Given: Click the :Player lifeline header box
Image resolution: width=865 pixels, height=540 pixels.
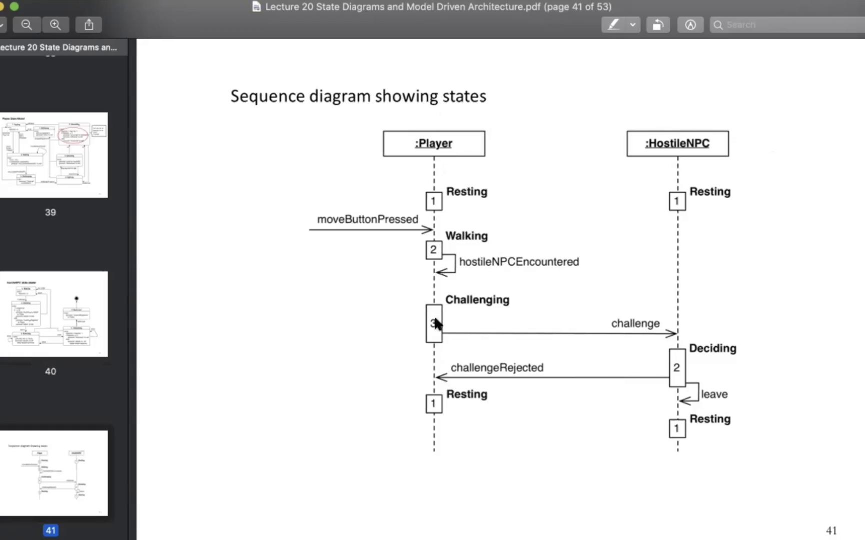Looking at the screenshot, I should [x=434, y=143].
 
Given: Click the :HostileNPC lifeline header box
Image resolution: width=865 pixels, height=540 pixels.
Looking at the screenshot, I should [x=677, y=143].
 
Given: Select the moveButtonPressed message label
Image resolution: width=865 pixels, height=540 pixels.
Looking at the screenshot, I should [x=367, y=219].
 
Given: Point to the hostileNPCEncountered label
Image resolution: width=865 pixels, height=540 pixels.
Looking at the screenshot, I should [x=519, y=262].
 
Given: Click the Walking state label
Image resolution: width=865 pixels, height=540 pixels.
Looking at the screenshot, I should [x=466, y=236].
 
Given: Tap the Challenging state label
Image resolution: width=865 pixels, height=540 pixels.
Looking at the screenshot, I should [x=477, y=300].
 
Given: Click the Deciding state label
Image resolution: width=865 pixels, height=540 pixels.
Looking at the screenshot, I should [x=712, y=348].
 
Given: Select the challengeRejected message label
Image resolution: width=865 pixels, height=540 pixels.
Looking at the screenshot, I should [x=497, y=368].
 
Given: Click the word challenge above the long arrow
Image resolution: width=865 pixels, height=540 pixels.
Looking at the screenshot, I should [x=635, y=323].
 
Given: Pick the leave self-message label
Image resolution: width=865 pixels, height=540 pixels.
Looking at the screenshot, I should [x=714, y=394].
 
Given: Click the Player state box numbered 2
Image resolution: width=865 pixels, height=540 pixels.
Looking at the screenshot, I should [x=434, y=249].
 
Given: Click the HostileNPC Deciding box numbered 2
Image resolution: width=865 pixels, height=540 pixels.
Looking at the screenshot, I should [x=677, y=368].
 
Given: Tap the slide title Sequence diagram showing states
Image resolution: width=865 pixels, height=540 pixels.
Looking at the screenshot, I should [x=358, y=96].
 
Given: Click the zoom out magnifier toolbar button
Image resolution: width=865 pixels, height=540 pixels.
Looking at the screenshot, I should [x=27, y=24].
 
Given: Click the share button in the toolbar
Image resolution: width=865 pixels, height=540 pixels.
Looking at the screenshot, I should [x=89, y=24].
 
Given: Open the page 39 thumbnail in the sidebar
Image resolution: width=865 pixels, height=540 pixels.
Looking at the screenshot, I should [x=54, y=155].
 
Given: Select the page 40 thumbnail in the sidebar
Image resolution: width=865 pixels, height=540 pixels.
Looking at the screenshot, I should [x=54, y=314].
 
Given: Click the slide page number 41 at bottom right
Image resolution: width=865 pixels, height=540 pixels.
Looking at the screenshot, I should [x=831, y=530].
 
